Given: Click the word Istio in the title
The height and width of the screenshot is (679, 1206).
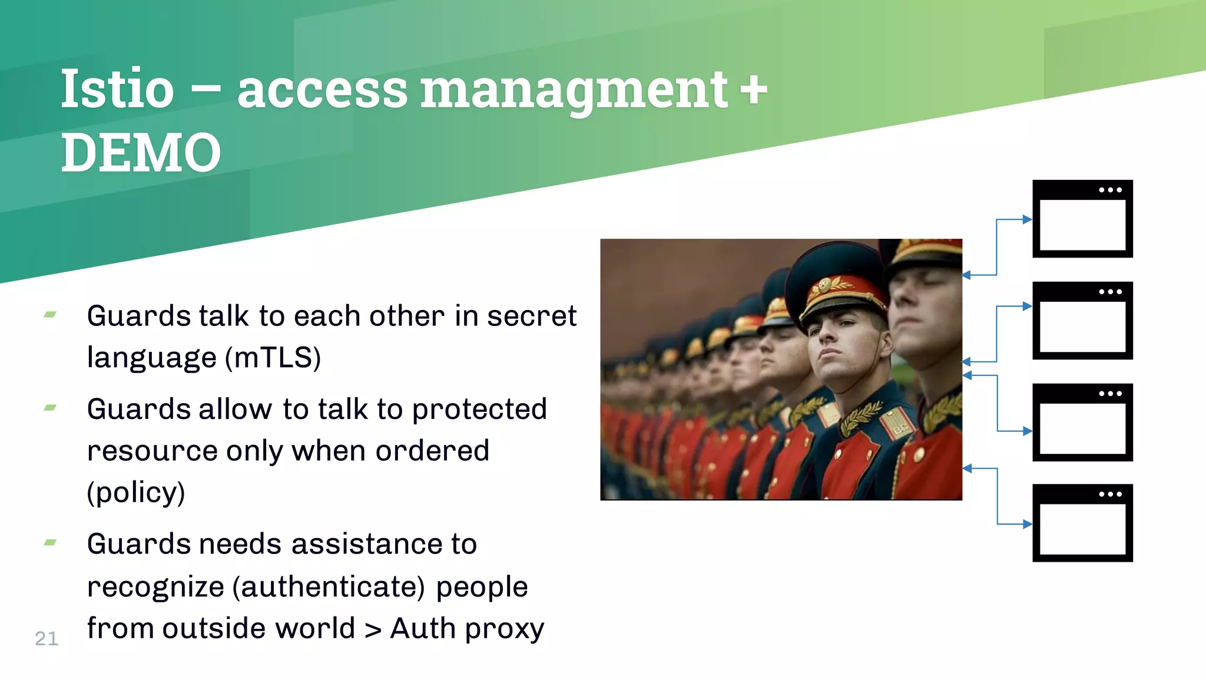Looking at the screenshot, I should tap(117, 90).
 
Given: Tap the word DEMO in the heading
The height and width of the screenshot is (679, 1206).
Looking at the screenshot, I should tap(141, 153).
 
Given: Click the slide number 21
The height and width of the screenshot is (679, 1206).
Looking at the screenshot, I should tap(47, 638).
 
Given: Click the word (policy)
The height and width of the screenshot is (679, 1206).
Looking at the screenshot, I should tap(136, 493).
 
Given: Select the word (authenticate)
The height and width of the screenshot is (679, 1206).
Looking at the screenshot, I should tap(329, 587).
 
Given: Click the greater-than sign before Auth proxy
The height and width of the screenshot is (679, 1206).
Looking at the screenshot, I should tap(373, 629).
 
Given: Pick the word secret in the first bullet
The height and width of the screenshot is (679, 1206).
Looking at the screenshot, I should tap(532, 316).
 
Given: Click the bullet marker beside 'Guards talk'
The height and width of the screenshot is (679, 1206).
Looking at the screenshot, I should tap(50, 315).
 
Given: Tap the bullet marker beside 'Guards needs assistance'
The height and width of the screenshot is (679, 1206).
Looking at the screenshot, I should tap(50, 542).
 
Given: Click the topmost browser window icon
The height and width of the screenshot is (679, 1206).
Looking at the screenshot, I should tap(1082, 219).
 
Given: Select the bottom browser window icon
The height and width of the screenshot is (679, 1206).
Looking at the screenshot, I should tap(1082, 523).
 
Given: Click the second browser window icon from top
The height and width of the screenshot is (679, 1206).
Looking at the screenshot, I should tap(1082, 321).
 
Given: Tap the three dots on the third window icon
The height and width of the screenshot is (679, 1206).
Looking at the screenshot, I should tap(1110, 393).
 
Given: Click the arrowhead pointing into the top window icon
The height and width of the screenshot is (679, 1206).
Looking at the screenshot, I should tap(1027, 219).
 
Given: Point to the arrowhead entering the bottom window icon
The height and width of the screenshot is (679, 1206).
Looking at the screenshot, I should tap(1027, 524).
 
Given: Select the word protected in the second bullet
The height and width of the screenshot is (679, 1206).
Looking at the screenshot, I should tap(479, 409).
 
